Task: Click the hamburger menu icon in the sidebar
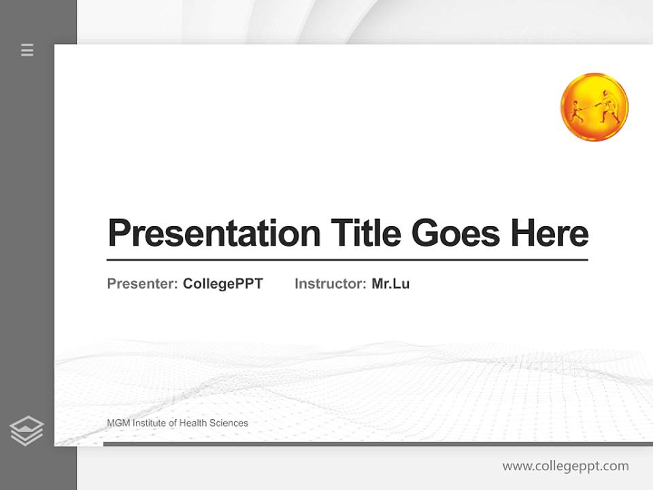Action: [27, 50]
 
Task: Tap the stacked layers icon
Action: [27, 431]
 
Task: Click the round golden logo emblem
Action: [594, 107]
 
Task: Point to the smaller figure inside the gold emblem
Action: [577, 112]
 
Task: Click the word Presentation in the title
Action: [214, 233]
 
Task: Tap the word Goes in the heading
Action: [456, 233]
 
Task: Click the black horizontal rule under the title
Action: [347, 259]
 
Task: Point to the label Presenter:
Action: [142, 284]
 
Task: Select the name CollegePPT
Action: [222, 284]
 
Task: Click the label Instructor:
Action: [330, 284]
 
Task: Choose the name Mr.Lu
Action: [390, 284]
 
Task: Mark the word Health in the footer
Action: [192, 423]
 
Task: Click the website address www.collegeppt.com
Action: [565, 466]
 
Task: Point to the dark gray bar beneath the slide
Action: [378, 444]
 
